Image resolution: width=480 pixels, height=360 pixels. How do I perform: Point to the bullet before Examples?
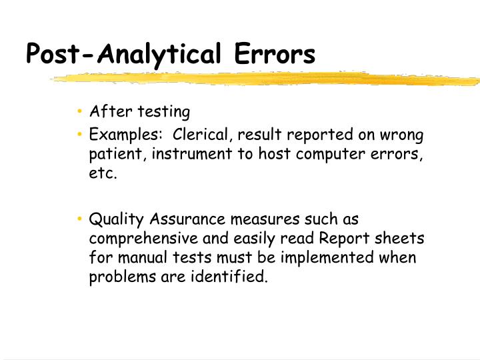pos(79,135)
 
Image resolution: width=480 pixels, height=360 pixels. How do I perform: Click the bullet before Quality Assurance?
pos(79,219)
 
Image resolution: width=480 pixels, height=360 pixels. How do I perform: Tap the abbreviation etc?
pos(103,174)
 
